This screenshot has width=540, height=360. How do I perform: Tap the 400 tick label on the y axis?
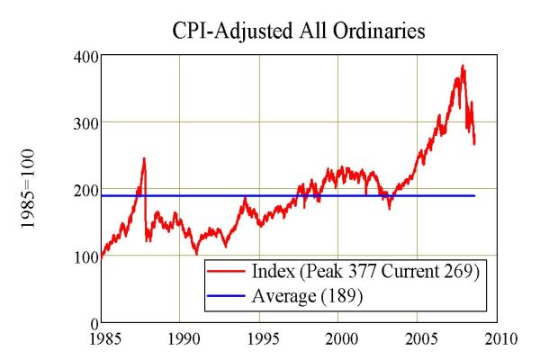(x=84, y=56)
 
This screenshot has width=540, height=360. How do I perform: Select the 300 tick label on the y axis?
(x=84, y=122)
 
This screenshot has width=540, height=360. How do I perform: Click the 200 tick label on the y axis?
(x=84, y=189)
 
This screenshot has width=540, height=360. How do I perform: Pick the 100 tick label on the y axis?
(x=84, y=256)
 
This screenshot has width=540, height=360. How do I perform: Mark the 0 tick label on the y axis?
(x=91, y=323)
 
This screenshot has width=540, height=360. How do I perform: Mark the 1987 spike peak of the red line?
(x=144, y=159)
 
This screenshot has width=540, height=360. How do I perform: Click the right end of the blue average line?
(x=474, y=195)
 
